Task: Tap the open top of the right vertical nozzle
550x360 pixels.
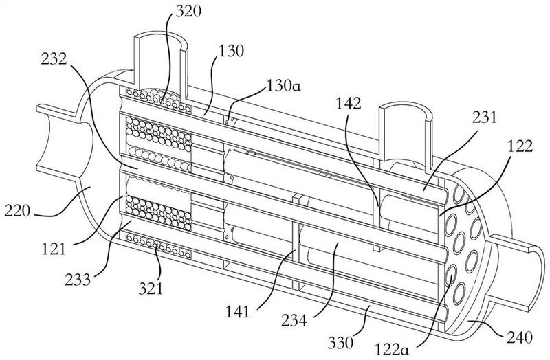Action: click(x=405, y=111)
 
